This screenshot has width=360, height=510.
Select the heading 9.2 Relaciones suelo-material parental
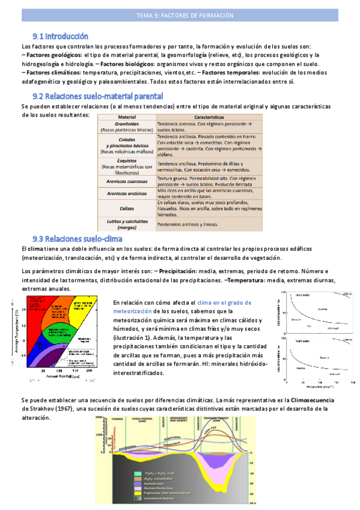pyautogui.click(x=97, y=96)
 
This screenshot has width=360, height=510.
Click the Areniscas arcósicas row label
pyautogui.click(x=127, y=193)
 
